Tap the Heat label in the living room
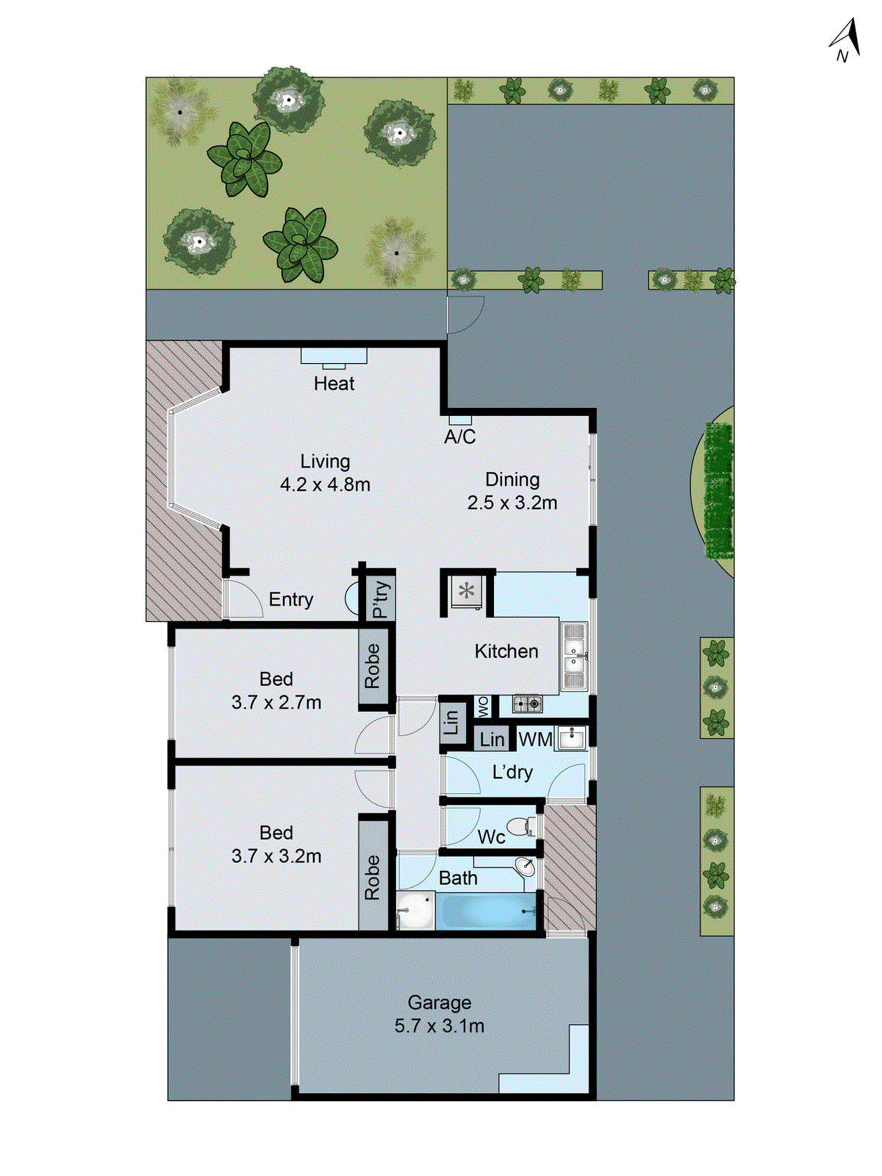(334, 384)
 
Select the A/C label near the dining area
(460, 437)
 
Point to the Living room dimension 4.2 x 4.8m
(325, 485)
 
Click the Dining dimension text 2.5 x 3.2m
(512, 503)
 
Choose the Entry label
(291, 600)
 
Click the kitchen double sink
(573, 656)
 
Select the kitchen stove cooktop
(527, 704)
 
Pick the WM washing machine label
(535, 739)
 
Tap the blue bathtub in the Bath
(487, 911)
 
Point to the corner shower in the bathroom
(415, 911)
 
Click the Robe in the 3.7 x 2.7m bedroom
(373, 666)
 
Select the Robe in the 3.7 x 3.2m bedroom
(373, 877)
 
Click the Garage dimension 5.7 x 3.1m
(440, 1026)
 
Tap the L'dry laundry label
(512, 772)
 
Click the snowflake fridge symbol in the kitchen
(467, 590)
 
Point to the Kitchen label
(506, 651)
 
